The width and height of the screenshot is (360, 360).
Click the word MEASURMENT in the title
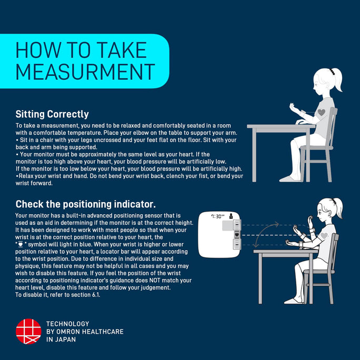click(85, 72)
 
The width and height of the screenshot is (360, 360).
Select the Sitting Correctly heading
click(52, 114)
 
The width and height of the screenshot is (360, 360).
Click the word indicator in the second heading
click(135, 204)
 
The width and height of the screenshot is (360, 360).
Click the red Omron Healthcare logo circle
click(28, 331)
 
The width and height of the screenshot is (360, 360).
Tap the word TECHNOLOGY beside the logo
click(68, 324)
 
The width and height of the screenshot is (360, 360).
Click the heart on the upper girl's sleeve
click(322, 112)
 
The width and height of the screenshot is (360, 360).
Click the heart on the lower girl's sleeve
click(324, 235)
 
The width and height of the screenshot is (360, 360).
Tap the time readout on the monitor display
click(217, 216)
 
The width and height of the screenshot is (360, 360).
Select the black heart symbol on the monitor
click(237, 235)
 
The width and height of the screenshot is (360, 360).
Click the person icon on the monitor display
click(231, 216)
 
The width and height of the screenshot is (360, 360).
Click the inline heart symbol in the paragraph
click(21, 244)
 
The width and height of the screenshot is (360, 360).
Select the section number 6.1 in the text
click(96, 295)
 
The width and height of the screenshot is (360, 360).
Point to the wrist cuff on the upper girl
click(303, 113)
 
